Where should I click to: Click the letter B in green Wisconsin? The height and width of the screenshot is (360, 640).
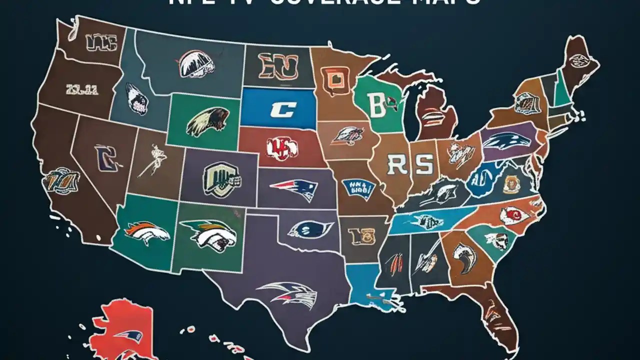[375, 104]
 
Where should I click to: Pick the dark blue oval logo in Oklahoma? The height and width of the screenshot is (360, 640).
[310, 229]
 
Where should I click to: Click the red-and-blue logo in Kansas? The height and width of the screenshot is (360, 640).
[294, 189]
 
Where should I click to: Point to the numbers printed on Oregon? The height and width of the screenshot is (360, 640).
[81, 89]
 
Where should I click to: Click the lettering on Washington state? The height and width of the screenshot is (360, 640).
[101, 44]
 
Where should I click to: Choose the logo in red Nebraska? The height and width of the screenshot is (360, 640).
[281, 147]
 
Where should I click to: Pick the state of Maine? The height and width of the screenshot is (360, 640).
[579, 61]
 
